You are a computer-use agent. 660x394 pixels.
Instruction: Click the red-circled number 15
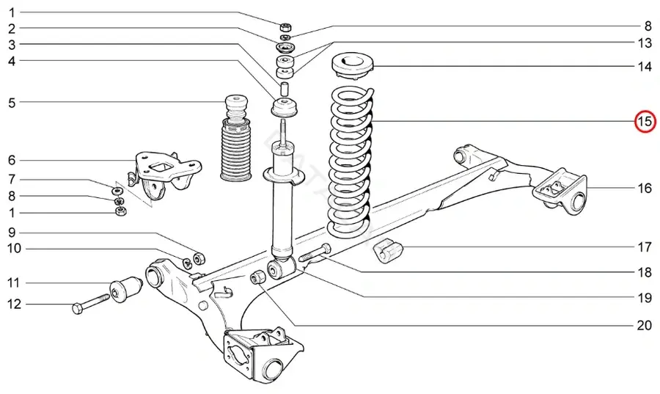click(645, 122)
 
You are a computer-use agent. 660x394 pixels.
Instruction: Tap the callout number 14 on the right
click(645, 67)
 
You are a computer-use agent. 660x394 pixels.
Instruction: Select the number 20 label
click(644, 325)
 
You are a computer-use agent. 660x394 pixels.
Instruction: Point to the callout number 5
click(12, 102)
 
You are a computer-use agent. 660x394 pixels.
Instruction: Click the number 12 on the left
click(14, 304)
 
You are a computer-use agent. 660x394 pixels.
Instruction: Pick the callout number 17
click(645, 247)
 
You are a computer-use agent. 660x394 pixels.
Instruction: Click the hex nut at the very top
click(286, 27)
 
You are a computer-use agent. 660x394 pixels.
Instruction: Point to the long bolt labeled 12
click(90, 304)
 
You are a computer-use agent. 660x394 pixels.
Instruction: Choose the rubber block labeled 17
click(388, 252)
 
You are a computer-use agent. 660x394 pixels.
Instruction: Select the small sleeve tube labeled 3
click(285, 89)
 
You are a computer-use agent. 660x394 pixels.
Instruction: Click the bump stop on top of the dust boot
click(236, 107)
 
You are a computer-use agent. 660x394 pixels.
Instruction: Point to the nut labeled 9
click(199, 258)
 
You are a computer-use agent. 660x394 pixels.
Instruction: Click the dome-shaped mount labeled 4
click(285, 107)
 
